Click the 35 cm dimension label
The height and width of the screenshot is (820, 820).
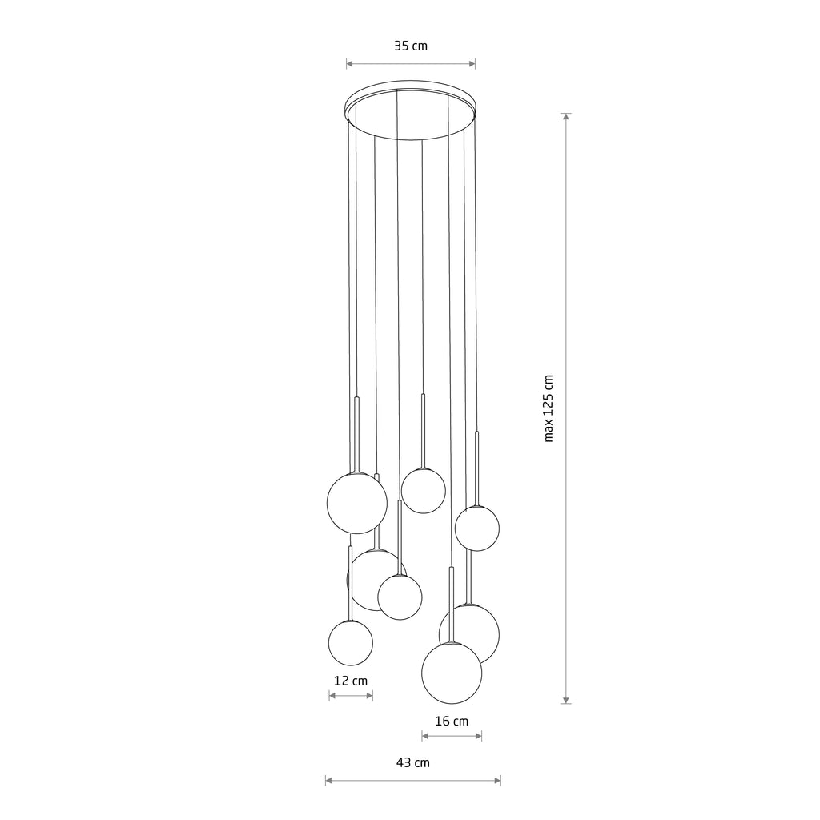pyautogui.click(x=411, y=46)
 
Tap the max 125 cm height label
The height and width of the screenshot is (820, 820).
pyautogui.click(x=549, y=408)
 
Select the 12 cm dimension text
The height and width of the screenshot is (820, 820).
pyautogui.click(x=350, y=681)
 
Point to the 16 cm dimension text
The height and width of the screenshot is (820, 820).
pyautogui.click(x=451, y=721)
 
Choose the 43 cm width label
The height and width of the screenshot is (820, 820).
pyautogui.click(x=412, y=763)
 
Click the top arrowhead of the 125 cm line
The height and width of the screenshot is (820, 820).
pyautogui.click(x=566, y=117)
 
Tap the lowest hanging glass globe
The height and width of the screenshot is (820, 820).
pyautogui.click(x=452, y=673)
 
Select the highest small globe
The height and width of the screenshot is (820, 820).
pyautogui.click(x=424, y=491)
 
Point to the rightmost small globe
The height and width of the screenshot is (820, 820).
pyautogui.click(x=477, y=529)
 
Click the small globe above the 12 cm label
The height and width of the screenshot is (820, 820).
pyautogui.click(x=351, y=643)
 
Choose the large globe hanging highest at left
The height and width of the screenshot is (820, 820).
pyautogui.click(x=357, y=503)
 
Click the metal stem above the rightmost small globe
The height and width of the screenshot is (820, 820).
pyautogui.click(x=477, y=468)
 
